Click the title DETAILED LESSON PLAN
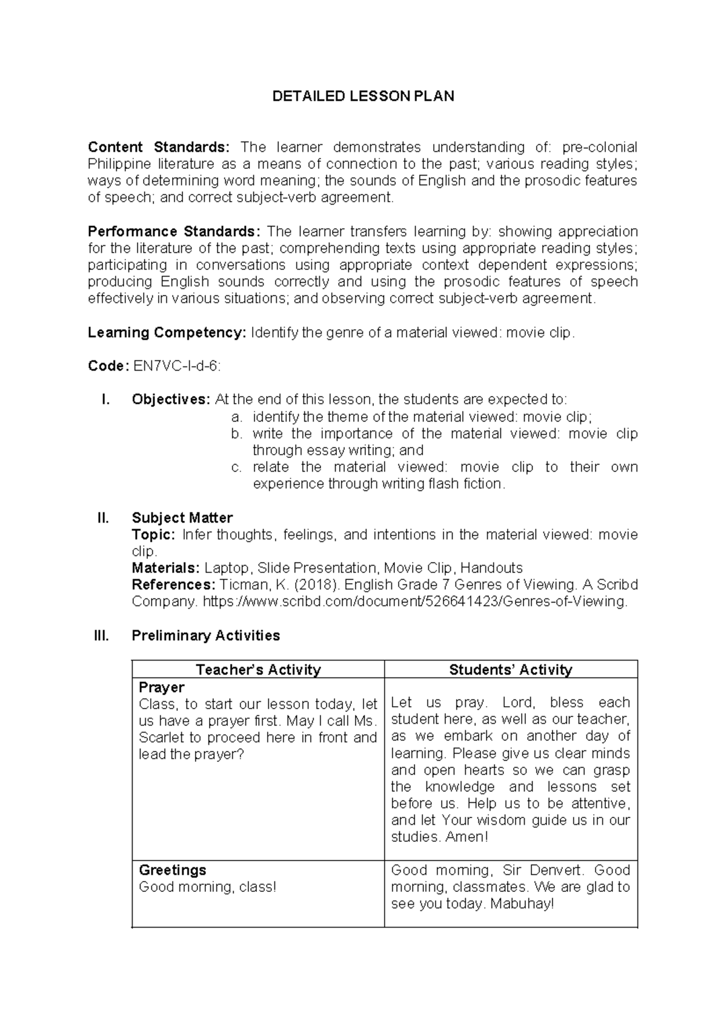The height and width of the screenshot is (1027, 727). [x=363, y=96]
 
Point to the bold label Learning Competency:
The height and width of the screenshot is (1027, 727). [x=167, y=332]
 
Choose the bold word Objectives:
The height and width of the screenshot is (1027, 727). [x=171, y=400]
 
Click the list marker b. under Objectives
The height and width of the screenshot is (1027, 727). [x=236, y=434]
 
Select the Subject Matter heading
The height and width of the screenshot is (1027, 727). [x=182, y=518]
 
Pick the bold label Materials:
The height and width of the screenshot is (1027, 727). [x=165, y=568]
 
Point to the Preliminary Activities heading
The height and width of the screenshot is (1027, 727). [x=205, y=635]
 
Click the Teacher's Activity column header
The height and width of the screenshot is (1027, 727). [x=258, y=670]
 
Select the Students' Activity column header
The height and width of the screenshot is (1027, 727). [x=510, y=670]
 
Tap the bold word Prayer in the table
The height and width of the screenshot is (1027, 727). [x=161, y=687]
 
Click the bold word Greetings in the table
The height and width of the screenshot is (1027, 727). [x=172, y=870]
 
